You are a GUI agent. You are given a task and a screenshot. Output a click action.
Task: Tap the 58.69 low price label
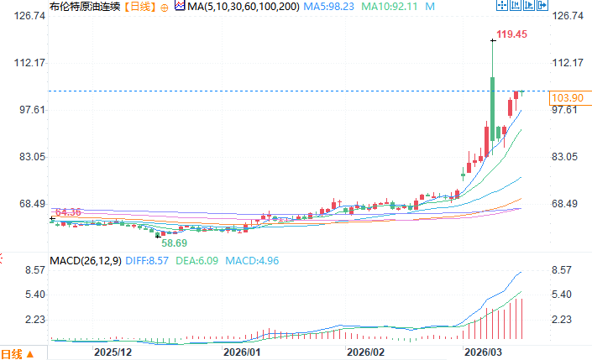click(174, 243)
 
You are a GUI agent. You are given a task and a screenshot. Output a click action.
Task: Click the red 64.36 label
click(66, 212)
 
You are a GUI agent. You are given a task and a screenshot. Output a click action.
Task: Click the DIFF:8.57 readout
click(147, 260)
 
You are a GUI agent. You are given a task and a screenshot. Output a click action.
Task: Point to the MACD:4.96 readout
click(252, 260)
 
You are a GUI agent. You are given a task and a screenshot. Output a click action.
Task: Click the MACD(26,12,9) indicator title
click(86, 260)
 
